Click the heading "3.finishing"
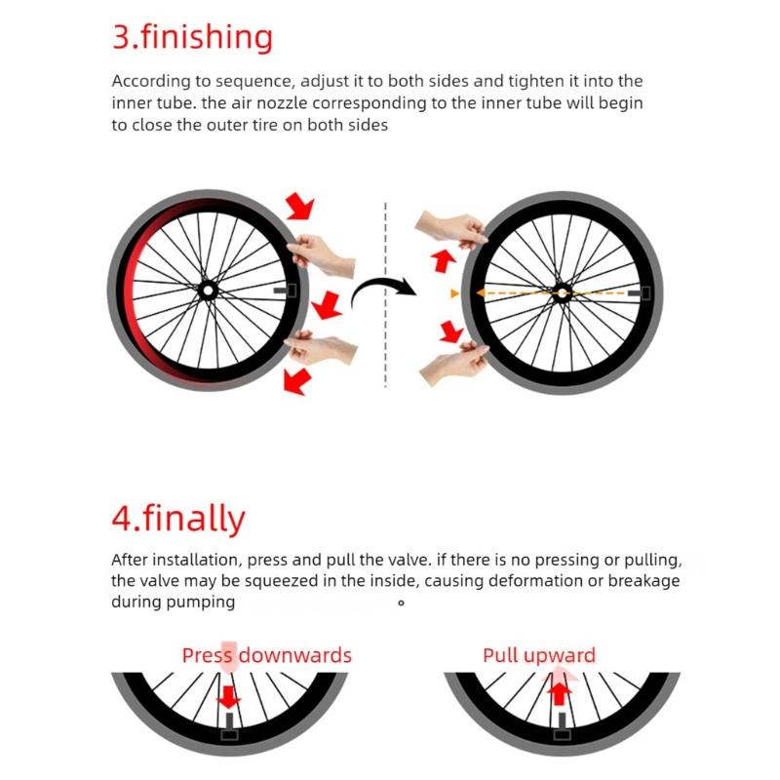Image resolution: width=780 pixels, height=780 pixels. click(x=192, y=37)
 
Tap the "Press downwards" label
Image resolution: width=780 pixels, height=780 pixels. click(x=266, y=655)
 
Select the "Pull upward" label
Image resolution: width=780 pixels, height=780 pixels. click(x=538, y=655)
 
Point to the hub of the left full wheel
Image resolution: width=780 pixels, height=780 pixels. click(x=207, y=290)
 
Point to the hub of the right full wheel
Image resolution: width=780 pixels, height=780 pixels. click(x=562, y=291)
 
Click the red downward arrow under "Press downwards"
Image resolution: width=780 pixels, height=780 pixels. click(x=227, y=697)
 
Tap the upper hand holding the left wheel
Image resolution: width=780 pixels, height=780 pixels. click(x=322, y=253)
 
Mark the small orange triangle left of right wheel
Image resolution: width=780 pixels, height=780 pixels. click(x=453, y=292)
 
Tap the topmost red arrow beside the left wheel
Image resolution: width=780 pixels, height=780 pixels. click(x=300, y=207)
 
